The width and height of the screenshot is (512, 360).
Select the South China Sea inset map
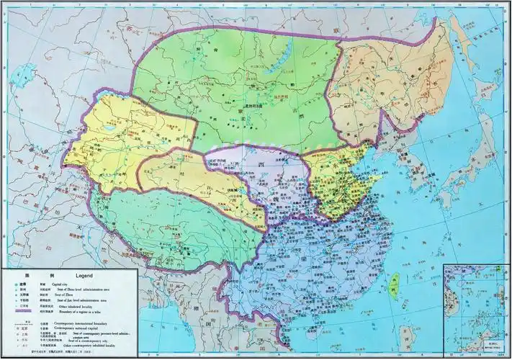click(x=475, y=310)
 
